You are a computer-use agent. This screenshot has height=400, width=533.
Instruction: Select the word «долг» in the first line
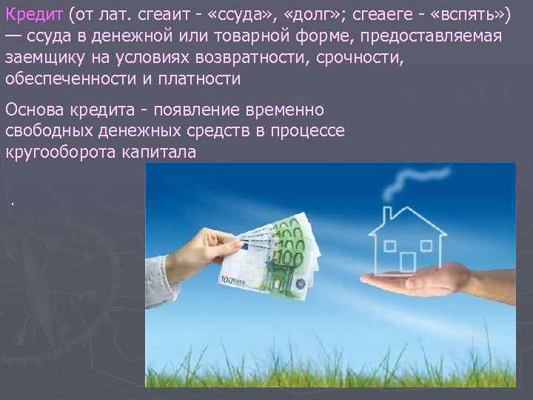(x=329, y=16)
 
